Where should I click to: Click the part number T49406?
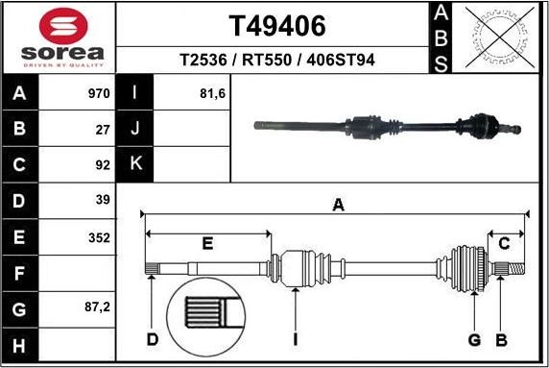[x=276, y=26]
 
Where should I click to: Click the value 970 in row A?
[x=99, y=94]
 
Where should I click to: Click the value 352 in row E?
[x=99, y=236]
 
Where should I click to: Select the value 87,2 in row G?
[x=97, y=308]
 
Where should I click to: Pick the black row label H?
[x=21, y=344]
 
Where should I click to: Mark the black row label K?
[x=135, y=164]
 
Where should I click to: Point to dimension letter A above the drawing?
[x=338, y=204]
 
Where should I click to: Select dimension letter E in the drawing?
[x=207, y=244]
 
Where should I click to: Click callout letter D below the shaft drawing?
[x=152, y=339]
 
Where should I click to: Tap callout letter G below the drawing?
[x=474, y=339]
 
